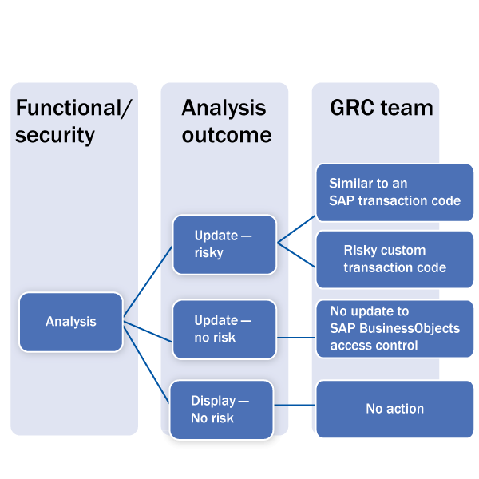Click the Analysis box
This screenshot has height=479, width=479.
70,323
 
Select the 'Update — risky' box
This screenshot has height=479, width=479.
224,243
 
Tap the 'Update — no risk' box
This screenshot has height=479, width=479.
224,329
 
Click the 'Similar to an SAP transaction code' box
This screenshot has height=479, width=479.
394,192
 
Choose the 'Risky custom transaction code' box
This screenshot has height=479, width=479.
394,259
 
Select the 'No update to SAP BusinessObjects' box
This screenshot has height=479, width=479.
394,328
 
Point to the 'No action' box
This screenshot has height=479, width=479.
394,409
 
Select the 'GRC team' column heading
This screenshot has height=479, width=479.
381,107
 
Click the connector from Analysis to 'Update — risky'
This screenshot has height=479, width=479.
148,280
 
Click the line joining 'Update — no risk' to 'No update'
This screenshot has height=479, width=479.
295,337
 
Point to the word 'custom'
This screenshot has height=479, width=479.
406,250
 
